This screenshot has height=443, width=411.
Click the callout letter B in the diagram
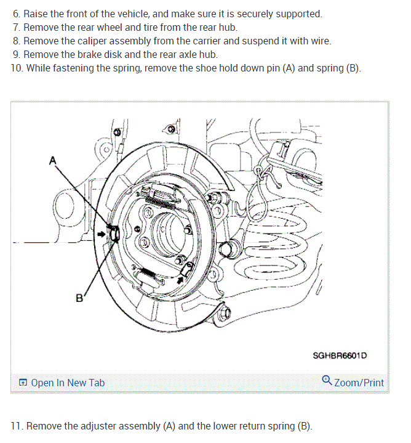(79, 298)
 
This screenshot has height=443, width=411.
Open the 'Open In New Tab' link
(68, 383)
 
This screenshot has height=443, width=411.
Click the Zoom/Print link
(359, 383)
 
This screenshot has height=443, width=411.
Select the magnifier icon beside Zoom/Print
(327, 381)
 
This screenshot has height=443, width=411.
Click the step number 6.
(16, 14)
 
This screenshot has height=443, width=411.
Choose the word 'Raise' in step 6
(36, 14)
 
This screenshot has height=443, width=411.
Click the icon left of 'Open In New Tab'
(23, 383)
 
